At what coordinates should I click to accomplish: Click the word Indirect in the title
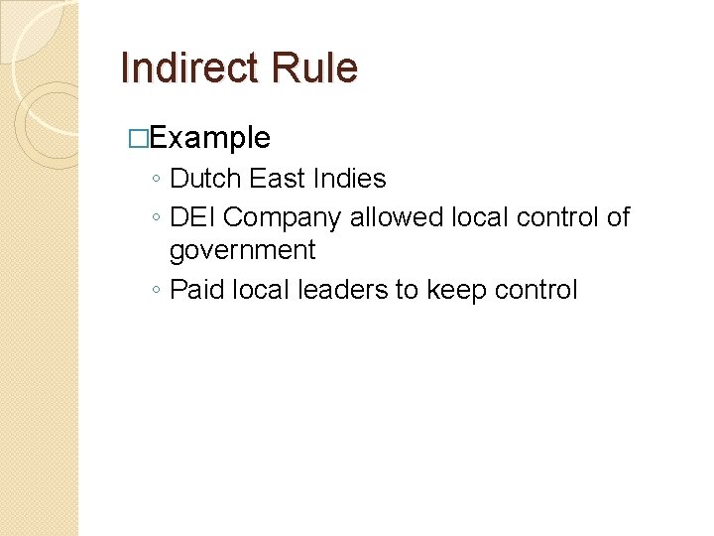tap(180, 68)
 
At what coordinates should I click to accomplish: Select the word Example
tap(209, 138)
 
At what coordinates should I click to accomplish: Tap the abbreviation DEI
tap(193, 217)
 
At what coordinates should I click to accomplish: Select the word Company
tap(283, 218)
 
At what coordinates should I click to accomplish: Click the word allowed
tap(397, 217)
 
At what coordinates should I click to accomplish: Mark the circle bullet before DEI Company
tap(157, 218)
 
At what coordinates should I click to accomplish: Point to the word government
tap(242, 251)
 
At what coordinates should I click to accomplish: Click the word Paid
tap(196, 291)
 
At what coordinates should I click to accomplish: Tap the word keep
tap(451, 291)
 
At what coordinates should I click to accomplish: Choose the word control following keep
tap(532, 291)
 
